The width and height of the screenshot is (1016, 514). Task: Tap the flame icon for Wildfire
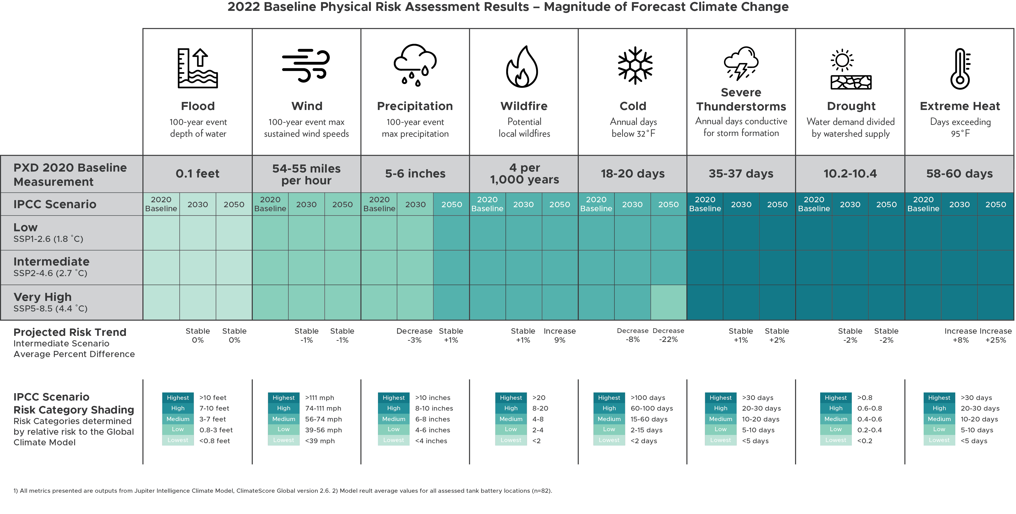[522, 67]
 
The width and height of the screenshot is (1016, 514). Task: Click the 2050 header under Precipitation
[451, 204]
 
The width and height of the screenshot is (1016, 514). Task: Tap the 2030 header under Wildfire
[523, 204]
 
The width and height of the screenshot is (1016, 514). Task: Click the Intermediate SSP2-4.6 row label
[51, 267]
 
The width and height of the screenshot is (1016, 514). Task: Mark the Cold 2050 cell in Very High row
[669, 302]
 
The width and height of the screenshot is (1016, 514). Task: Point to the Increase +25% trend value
[995, 335]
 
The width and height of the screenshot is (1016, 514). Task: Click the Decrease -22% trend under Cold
[669, 335]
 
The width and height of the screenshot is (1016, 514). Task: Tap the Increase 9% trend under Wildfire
[560, 335]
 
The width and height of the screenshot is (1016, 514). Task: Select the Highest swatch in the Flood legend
[178, 398]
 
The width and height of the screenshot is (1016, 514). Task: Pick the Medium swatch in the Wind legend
[283, 419]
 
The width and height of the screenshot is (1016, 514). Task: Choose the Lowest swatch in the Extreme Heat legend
[939, 440]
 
